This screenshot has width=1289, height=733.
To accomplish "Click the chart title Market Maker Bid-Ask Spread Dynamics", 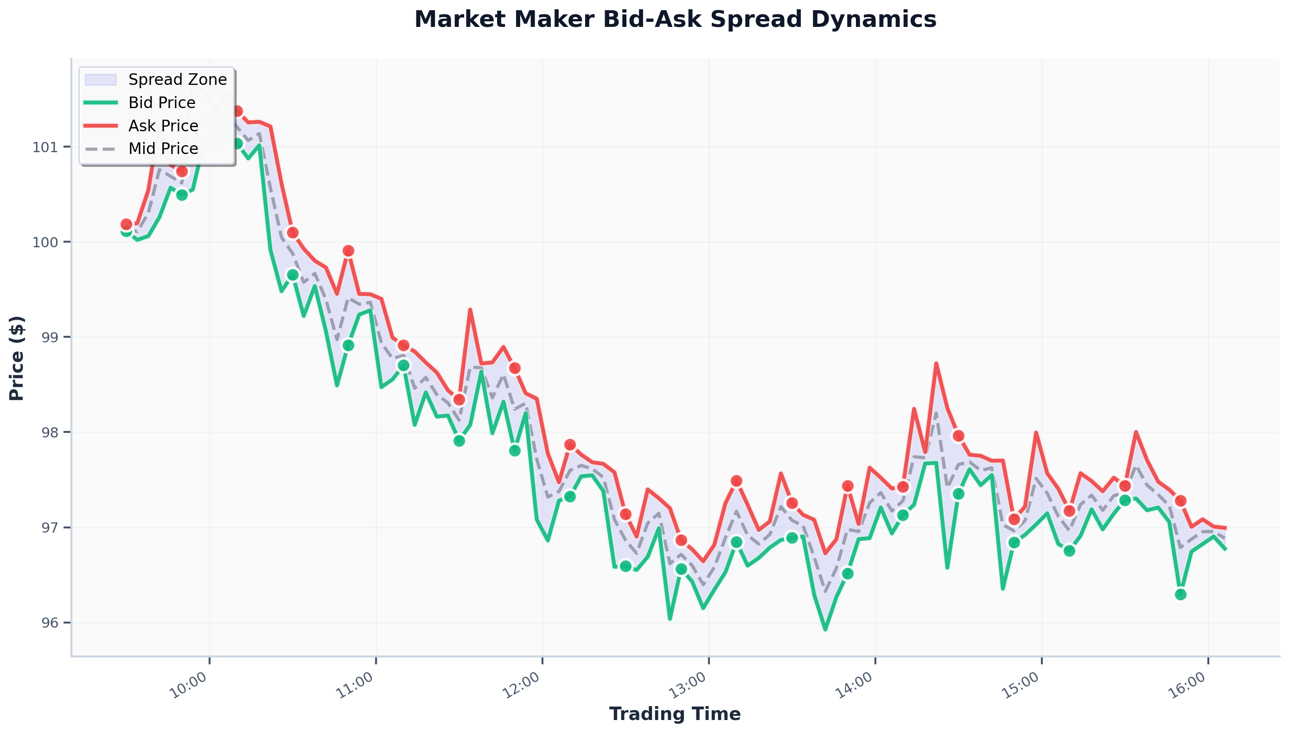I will [x=675, y=20].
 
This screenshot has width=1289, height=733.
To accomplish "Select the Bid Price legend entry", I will [x=161, y=103].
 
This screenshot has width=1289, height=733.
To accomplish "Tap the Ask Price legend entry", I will [x=163, y=126].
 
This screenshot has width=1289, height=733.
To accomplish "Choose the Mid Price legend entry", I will [x=163, y=148].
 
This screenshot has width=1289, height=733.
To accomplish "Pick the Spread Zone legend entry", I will [x=177, y=79].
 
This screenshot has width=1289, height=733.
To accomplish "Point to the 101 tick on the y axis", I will [x=45, y=148].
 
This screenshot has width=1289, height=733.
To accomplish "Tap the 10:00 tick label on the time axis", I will [x=188, y=685].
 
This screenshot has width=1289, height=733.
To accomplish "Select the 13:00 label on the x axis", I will [x=687, y=685].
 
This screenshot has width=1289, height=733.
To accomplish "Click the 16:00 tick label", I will [x=1187, y=685].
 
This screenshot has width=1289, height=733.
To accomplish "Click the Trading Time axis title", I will [x=675, y=714].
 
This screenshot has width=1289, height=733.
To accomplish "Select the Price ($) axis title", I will [x=17, y=358].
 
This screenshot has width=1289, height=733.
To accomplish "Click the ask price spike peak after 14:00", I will [x=936, y=363].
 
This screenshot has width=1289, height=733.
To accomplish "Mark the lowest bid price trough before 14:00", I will [x=824, y=629].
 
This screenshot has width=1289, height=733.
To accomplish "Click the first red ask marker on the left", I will [x=126, y=224].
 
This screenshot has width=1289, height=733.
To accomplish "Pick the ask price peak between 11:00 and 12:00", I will [x=470, y=309].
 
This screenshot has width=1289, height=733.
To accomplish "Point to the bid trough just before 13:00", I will [x=670, y=619].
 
